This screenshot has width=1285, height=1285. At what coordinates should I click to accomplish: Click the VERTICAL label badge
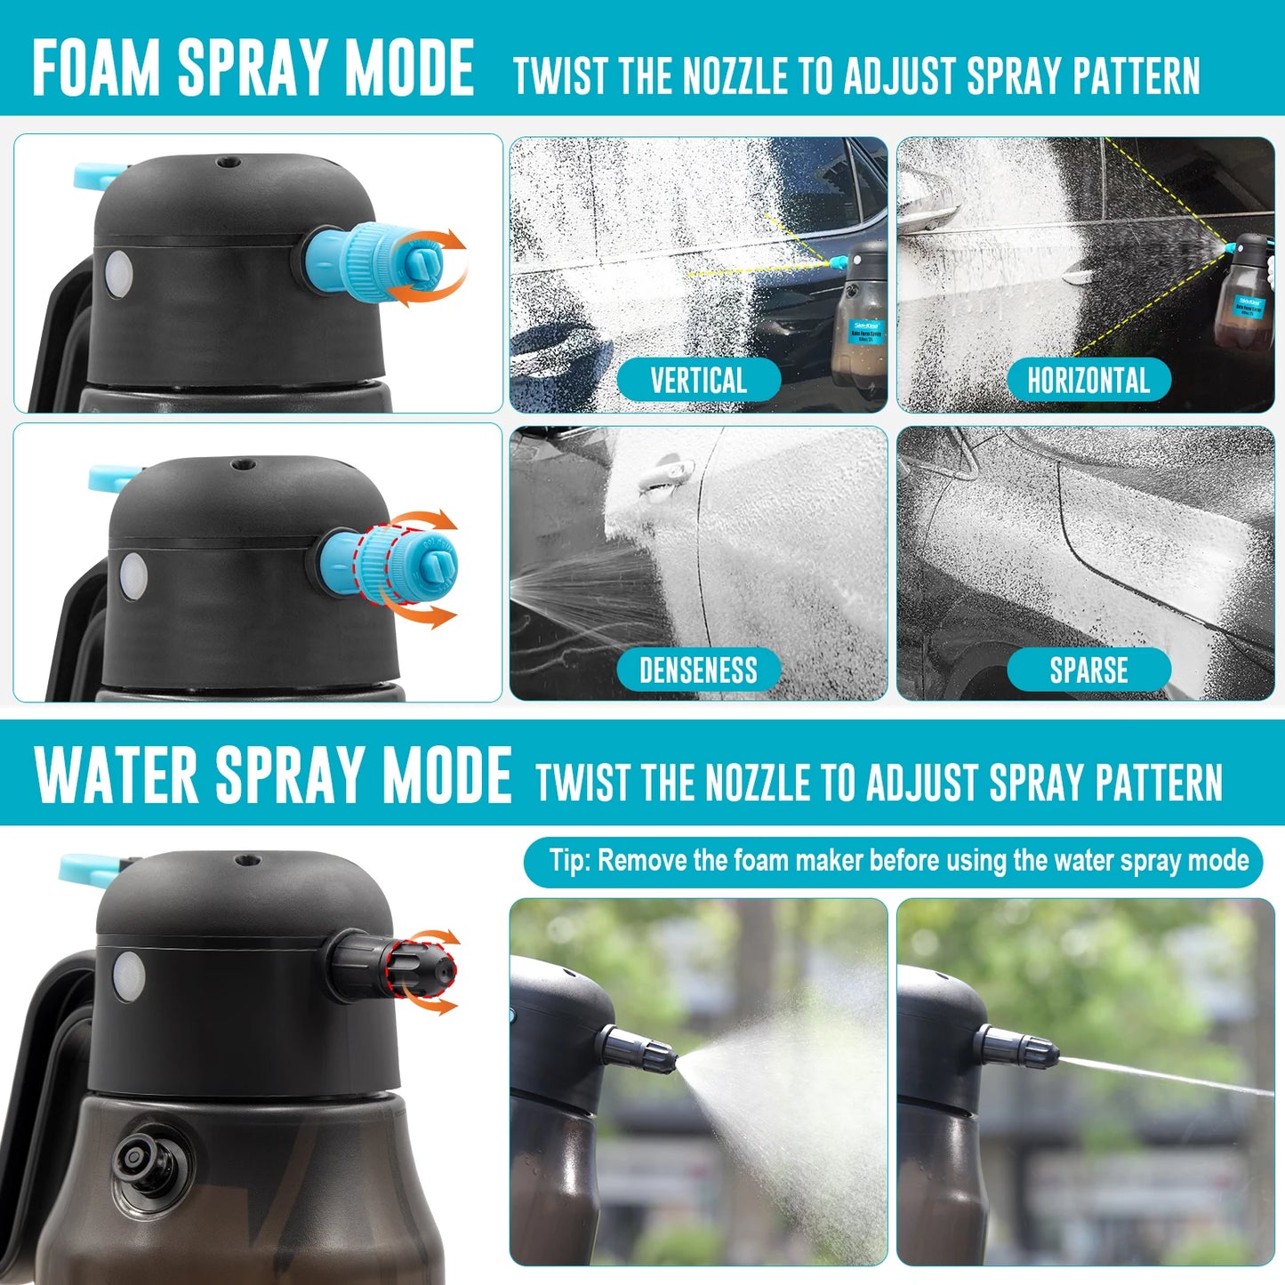(698, 381)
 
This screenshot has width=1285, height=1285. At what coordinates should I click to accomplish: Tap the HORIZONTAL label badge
(1088, 381)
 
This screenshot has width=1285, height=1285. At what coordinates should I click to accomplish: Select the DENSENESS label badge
(698, 670)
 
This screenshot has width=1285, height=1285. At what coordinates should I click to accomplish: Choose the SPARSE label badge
(1088, 670)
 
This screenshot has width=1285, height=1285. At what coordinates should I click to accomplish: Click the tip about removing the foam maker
(892, 861)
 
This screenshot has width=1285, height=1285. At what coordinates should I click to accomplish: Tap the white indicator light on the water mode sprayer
(129, 975)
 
